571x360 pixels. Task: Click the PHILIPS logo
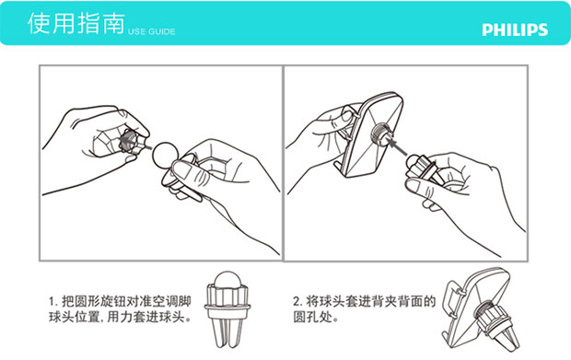point(515,29)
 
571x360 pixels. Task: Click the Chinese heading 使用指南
point(76,23)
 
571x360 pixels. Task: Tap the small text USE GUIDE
point(151,31)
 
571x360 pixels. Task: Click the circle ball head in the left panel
point(165,155)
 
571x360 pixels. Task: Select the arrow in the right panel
point(396,145)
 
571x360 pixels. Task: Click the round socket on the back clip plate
point(381,134)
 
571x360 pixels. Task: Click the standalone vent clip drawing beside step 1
point(227,309)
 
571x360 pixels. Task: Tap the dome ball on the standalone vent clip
point(227,282)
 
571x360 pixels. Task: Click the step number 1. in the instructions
point(53,302)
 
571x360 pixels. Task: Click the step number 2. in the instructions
point(297,302)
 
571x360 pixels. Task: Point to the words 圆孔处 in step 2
point(312,317)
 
